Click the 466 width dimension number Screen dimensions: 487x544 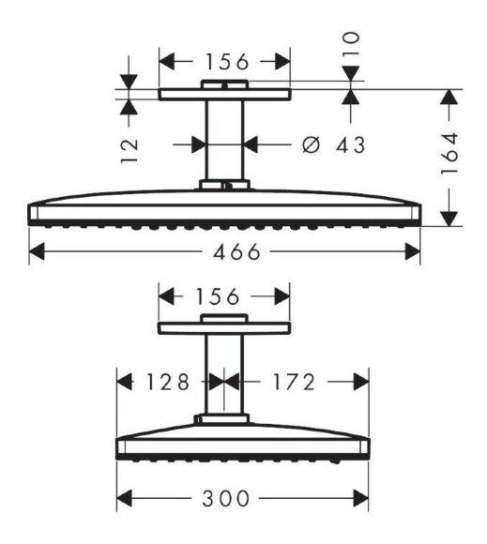pos(236,252)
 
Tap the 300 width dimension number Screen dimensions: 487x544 pos(225,499)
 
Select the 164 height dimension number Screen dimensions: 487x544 pos(449,154)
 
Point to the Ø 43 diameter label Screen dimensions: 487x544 pos(333,144)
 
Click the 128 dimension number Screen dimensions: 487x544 pos(168,382)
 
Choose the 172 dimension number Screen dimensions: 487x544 pos(294,382)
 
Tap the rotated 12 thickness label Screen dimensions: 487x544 pos(129,150)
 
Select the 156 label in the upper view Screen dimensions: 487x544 pos(227,62)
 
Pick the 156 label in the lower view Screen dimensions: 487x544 pos(218,296)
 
